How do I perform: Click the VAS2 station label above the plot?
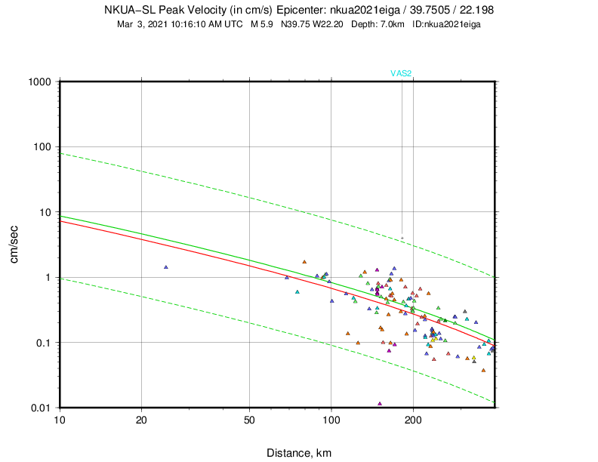coord(400,73)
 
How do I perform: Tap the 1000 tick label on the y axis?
coord(40,82)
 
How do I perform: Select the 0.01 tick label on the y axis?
coord(40,408)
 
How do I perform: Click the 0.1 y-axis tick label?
coord(43,343)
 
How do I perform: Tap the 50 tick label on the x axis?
coord(249,420)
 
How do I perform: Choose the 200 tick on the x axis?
coord(413,420)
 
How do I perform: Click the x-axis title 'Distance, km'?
coord(299,453)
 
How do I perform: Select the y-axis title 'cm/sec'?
coord(14,244)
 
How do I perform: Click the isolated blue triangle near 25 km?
coord(165,266)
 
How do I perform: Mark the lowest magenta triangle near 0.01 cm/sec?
coord(380,403)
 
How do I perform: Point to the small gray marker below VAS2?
coord(402,239)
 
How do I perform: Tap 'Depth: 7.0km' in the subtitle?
coord(379,24)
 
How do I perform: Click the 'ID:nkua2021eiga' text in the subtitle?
coord(446,24)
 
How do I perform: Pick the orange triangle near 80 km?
coord(304,262)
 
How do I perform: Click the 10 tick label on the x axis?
coord(60,420)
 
